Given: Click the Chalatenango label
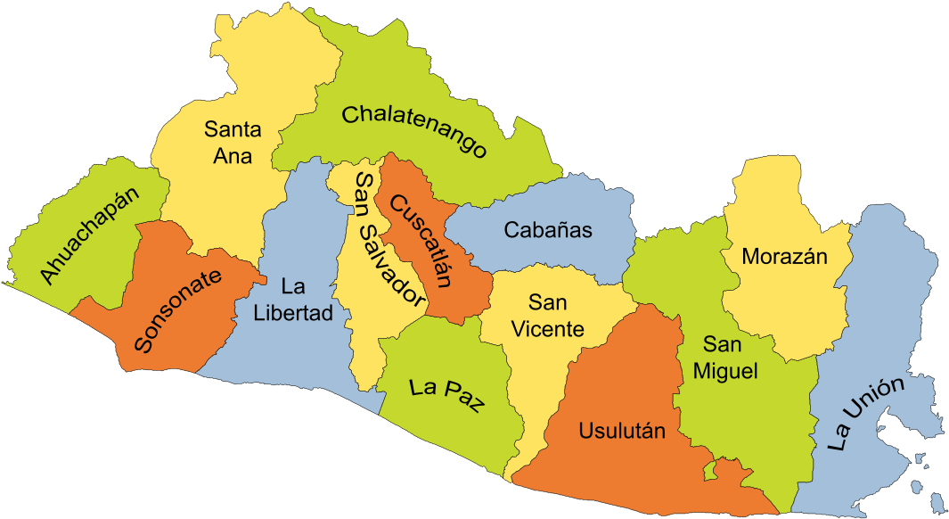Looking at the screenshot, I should click(415, 130).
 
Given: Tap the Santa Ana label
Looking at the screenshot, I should click(233, 143).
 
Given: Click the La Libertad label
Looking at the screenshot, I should click(292, 300).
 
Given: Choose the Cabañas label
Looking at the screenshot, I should click(548, 230).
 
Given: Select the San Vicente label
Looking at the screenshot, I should click(548, 316).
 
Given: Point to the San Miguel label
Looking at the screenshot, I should click(729, 357).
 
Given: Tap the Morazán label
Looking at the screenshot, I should click(785, 257).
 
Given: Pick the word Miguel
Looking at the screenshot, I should click(729, 370).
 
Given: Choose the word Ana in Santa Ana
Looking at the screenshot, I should click(233, 156).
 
